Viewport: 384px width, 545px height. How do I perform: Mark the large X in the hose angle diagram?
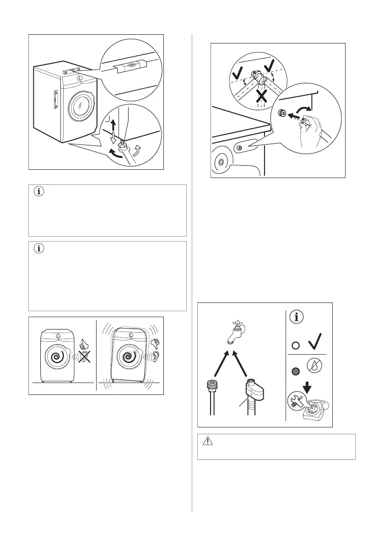[261, 96]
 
